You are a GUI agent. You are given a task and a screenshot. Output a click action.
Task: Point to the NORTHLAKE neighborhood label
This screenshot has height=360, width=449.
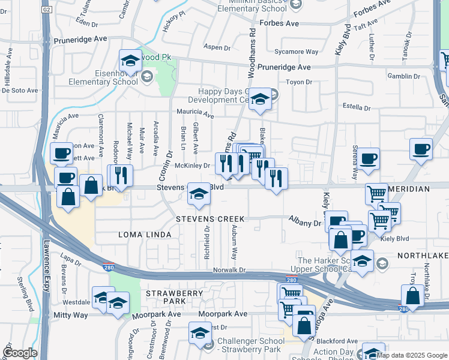click(423, 256)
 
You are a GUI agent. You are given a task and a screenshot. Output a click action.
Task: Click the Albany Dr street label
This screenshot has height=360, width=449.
click(305, 223)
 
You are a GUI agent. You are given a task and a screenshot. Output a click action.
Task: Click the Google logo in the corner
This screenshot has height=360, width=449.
click(20, 353)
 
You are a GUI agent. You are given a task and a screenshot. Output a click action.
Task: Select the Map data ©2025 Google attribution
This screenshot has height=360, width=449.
click(412, 355)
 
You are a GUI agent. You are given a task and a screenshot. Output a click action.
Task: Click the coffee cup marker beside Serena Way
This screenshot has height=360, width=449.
click(369, 158)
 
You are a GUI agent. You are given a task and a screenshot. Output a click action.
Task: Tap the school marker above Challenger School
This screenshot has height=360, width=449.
click(200, 333)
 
